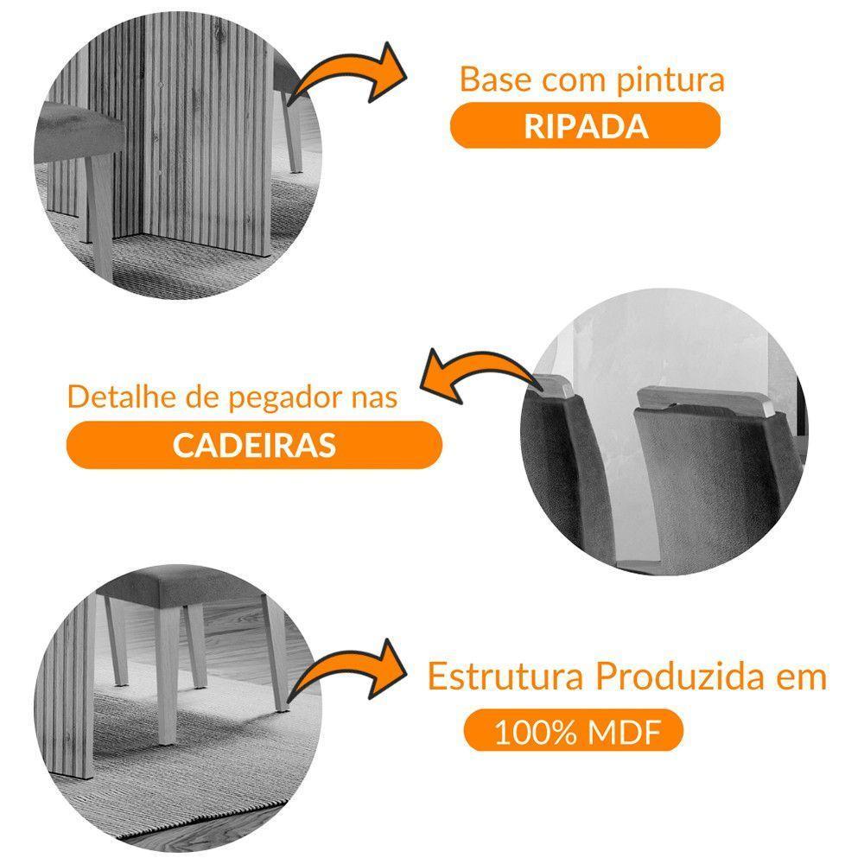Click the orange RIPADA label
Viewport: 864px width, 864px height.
pos(585,126)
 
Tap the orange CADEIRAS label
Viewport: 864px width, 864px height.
pos(254,445)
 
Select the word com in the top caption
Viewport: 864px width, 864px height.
pos(565,81)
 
